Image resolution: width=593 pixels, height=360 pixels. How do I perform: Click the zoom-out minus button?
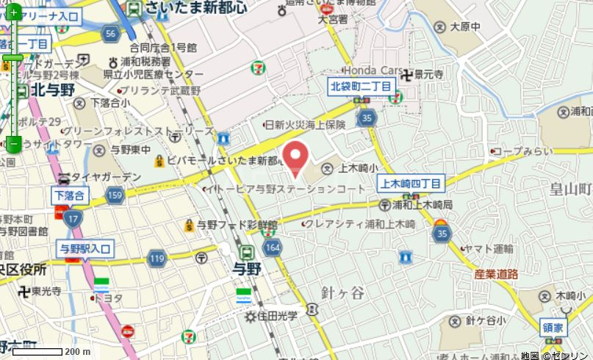[13, 143]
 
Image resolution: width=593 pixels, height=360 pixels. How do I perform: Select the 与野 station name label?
[247, 268]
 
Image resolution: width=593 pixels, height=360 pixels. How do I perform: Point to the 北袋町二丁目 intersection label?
[360, 86]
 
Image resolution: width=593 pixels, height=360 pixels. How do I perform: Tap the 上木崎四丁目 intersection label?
[410, 183]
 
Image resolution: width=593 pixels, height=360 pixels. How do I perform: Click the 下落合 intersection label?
[70, 195]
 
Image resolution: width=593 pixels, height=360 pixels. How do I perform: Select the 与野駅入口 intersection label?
[85, 249]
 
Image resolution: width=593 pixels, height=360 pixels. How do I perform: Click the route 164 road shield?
[273, 245]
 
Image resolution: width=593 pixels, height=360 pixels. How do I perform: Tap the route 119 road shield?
[157, 258]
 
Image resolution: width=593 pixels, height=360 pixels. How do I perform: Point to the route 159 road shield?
[114, 195]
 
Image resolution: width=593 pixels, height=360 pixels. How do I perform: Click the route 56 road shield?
[111, 34]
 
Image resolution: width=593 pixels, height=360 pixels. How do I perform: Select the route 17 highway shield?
[72, 217]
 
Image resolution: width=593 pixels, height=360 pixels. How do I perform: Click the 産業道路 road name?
[496, 273]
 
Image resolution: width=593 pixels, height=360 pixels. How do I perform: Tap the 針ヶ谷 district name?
[342, 292]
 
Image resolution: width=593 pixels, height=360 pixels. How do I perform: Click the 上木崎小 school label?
[351, 168]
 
